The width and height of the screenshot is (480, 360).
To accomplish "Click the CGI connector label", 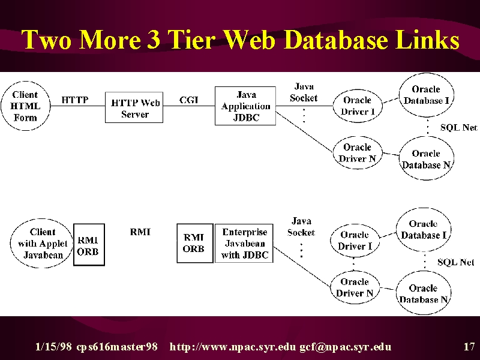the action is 189,100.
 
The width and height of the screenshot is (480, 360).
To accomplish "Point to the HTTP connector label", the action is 75,100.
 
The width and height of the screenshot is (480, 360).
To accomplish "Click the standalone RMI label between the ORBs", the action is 140,232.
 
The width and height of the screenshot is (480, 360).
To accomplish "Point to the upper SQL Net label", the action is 458,127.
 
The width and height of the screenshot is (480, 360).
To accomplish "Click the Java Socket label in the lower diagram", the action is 301,227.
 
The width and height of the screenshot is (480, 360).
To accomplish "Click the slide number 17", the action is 469,347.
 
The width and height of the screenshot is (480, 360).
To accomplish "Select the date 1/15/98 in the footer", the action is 53,347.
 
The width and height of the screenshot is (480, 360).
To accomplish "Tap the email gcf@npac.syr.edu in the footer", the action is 346,347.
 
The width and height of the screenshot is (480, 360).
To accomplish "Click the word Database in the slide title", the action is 337,40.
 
